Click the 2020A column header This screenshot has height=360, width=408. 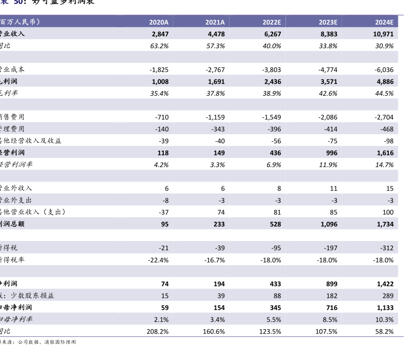[159, 22]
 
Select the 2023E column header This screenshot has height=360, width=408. [328, 22]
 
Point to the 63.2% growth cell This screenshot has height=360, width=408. [159, 46]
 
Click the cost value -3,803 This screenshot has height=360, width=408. [272, 69]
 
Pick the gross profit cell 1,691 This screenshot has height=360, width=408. [215, 82]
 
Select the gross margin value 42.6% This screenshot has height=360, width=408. [328, 93]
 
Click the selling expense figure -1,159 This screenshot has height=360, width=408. [215, 117]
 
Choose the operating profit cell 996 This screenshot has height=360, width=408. [331, 153]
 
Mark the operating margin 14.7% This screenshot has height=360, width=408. [384, 165]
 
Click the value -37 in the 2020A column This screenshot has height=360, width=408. [163, 212]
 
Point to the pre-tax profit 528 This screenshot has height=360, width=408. [275, 224]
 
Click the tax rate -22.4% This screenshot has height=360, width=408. [157, 260]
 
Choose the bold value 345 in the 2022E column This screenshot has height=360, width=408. [275, 307]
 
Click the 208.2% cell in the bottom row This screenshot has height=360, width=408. [157, 331]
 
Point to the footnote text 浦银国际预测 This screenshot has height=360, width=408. [60, 342]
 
